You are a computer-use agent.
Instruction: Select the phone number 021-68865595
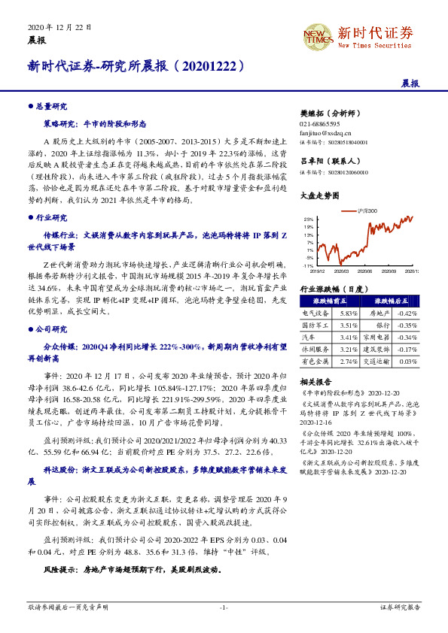click(x=320, y=123)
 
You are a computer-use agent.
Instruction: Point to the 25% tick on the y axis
click(x=309, y=219)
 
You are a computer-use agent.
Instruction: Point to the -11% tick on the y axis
click(x=308, y=266)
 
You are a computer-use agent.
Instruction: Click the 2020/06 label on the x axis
click(x=366, y=272)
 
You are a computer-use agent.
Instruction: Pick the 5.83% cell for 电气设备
click(x=348, y=313)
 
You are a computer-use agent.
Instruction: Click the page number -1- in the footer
click(x=224, y=606)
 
